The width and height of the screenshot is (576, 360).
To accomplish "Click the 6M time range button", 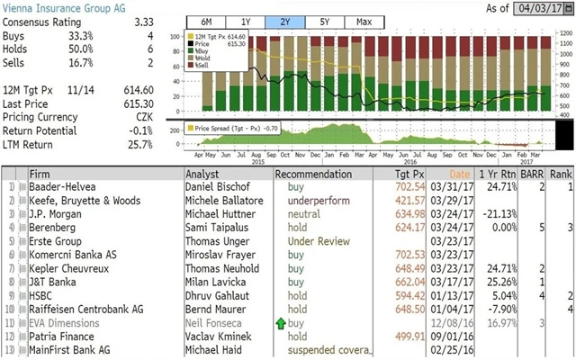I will pos(206,21).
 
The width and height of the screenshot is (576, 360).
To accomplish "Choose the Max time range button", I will pos(364,21).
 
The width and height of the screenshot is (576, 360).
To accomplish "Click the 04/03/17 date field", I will pos(544,9).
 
